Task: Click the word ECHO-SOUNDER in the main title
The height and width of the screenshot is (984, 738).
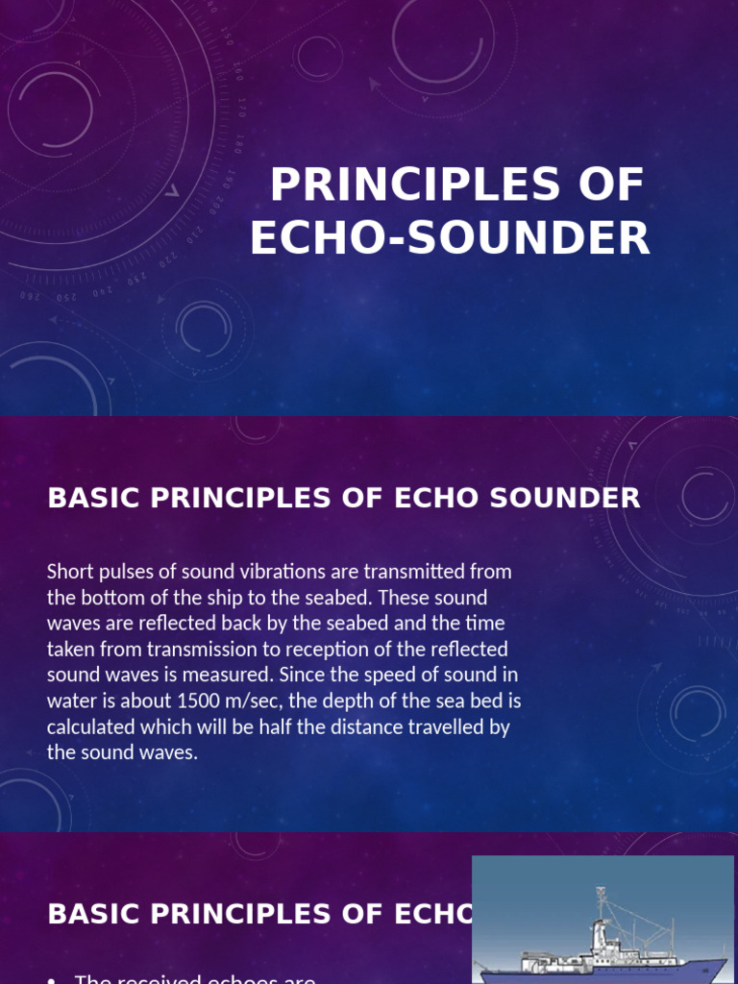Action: (450, 237)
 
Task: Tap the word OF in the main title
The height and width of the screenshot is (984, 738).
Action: (610, 184)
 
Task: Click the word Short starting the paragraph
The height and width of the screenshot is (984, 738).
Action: (68, 572)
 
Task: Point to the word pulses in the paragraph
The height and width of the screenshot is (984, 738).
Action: (124, 572)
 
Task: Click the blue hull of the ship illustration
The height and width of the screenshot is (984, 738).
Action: (615, 972)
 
